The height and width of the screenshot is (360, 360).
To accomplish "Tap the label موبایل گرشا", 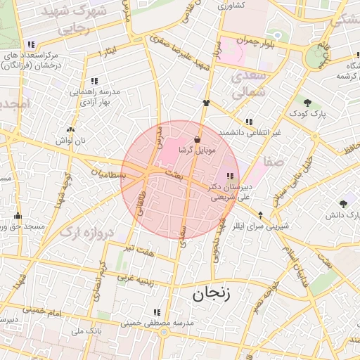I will coord(200,150).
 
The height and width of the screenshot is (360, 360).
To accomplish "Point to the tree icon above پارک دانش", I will coord(343,203).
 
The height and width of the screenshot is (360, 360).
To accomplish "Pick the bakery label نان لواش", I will coord(70,141).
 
